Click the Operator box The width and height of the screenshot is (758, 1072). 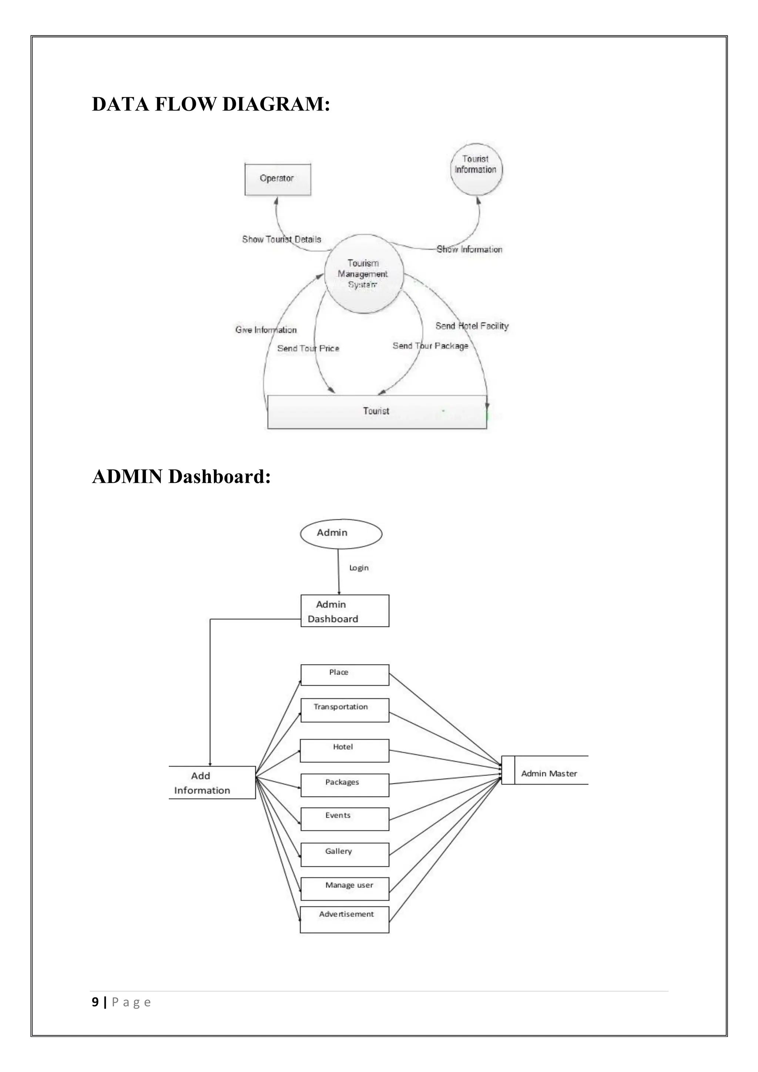[x=278, y=179]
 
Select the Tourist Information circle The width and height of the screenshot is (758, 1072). [x=476, y=169]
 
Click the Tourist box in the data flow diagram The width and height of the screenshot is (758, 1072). [x=376, y=411]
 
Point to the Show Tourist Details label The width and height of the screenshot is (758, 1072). [x=282, y=239]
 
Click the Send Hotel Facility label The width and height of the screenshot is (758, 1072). [x=472, y=326]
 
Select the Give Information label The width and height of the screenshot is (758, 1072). [x=266, y=330]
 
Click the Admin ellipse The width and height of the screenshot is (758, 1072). [x=341, y=533]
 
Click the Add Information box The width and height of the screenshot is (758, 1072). [x=212, y=783]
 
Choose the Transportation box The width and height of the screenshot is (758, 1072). [x=345, y=710]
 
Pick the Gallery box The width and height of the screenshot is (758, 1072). [x=345, y=854]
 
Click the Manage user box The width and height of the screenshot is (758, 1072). [x=345, y=888]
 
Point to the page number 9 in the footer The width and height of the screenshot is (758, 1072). [x=95, y=1002]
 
